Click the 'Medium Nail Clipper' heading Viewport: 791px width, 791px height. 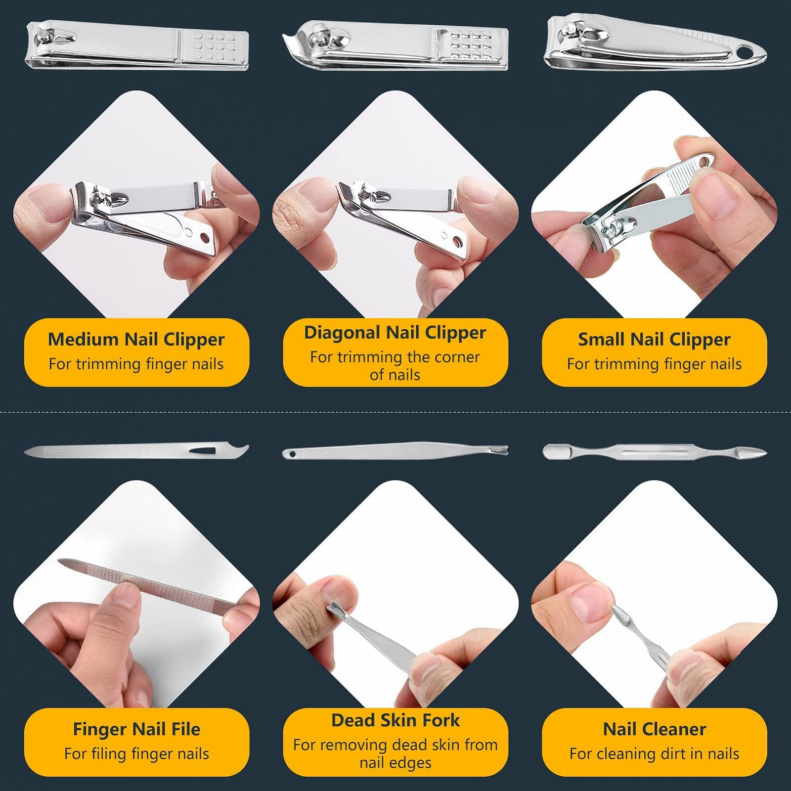coord(136,340)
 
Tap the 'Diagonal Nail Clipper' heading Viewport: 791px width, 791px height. coord(395,333)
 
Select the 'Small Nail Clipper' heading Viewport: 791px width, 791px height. coord(654,340)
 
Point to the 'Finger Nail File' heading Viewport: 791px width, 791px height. coord(136,729)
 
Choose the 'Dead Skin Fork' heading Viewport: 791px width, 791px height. coord(395,720)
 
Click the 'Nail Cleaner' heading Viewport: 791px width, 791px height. coord(655,729)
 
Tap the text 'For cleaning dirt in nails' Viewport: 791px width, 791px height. coord(654,754)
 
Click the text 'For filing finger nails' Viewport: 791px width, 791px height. coord(136,754)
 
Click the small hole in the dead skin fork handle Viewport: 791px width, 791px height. coord(292,453)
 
